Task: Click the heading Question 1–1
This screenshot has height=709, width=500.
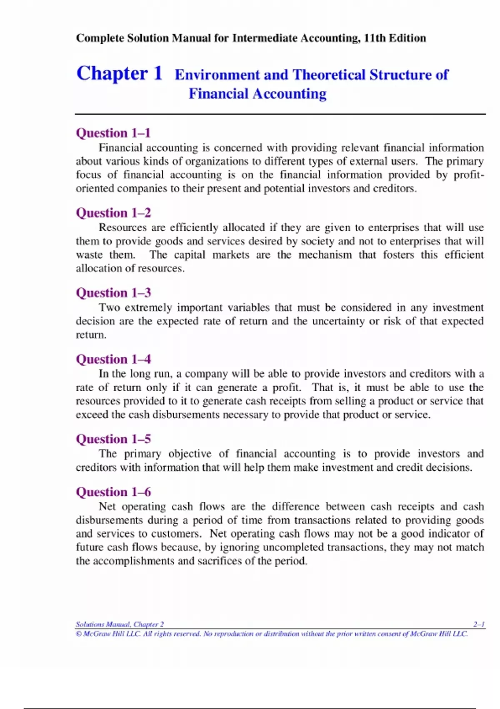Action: pyautogui.click(x=113, y=133)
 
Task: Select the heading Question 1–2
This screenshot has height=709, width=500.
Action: pyautogui.click(x=113, y=213)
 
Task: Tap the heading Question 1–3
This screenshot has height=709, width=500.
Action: pyautogui.click(x=113, y=293)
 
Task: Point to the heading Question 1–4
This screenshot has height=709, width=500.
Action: pyautogui.click(x=113, y=359)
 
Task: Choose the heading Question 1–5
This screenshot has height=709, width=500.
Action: pyautogui.click(x=113, y=439)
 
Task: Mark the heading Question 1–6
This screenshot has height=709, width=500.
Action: pyautogui.click(x=113, y=492)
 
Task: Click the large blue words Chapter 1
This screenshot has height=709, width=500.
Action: pyautogui.click(x=119, y=73)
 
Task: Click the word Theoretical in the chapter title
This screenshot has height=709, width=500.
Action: pyautogui.click(x=329, y=75)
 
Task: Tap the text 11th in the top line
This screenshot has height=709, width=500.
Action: pyautogui.click(x=375, y=38)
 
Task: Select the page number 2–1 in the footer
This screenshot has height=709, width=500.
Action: pyautogui.click(x=479, y=624)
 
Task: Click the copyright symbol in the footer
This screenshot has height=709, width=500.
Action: pyautogui.click(x=79, y=634)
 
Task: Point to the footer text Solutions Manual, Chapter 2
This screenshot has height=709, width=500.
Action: pyautogui.click(x=120, y=624)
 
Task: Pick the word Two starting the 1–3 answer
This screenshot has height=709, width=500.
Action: pyautogui.click(x=109, y=308)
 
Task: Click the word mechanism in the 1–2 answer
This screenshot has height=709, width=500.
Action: pyautogui.click(x=325, y=255)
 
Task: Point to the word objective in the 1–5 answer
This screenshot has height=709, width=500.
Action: pyautogui.click(x=190, y=454)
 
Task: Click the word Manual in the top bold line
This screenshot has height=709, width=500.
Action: pyautogui.click(x=191, y=38)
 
